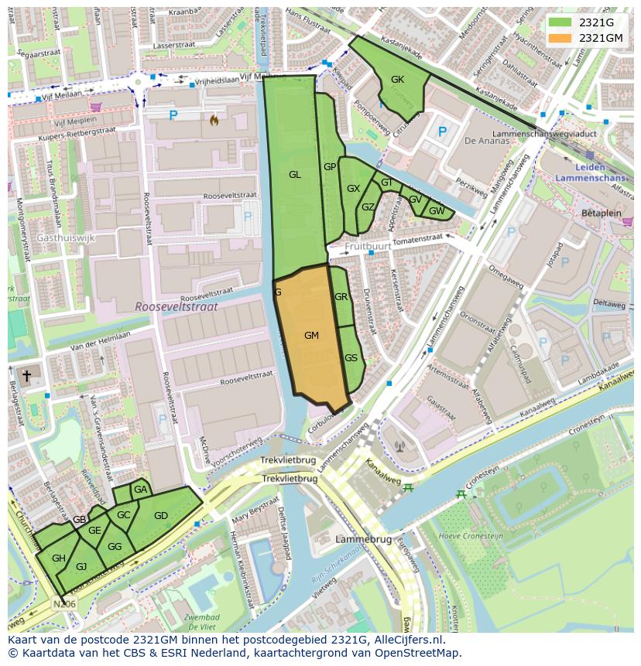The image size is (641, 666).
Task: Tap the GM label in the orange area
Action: tap(311, 336)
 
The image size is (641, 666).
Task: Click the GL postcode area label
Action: tap(294, 175)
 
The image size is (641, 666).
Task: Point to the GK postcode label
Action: tap(397, 80)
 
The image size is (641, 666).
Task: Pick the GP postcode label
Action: tap(330, 167)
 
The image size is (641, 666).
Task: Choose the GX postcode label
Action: tap(353, 189)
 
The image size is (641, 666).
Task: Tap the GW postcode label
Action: tap(437, 211)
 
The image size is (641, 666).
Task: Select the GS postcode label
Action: tap(351, 358)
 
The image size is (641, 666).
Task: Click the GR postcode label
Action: tap(341, 297)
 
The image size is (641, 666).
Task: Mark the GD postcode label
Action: tap(161, 516)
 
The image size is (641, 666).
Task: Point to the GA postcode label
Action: tap(140, 490)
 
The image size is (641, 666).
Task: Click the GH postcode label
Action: tap(59, 558)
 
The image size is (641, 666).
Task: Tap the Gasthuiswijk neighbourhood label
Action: tap(65, 238)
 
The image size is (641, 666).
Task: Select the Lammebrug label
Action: tap(358, 538)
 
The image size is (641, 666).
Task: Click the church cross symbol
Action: tap(26, 376)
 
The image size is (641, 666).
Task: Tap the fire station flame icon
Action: tap(214, 120)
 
